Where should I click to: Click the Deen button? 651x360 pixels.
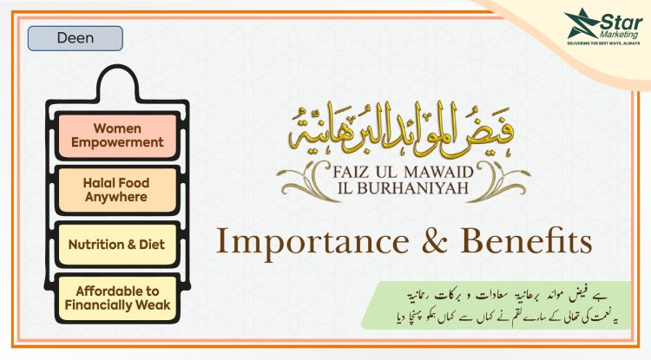(76, 38)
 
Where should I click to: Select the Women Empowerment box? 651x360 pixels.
(115, 134)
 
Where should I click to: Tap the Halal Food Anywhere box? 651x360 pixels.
(115, 189)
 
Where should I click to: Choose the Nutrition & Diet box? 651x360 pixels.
(115, 245)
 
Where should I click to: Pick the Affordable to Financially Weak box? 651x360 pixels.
(115, 298)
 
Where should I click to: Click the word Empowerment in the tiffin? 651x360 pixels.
(115, 141)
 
